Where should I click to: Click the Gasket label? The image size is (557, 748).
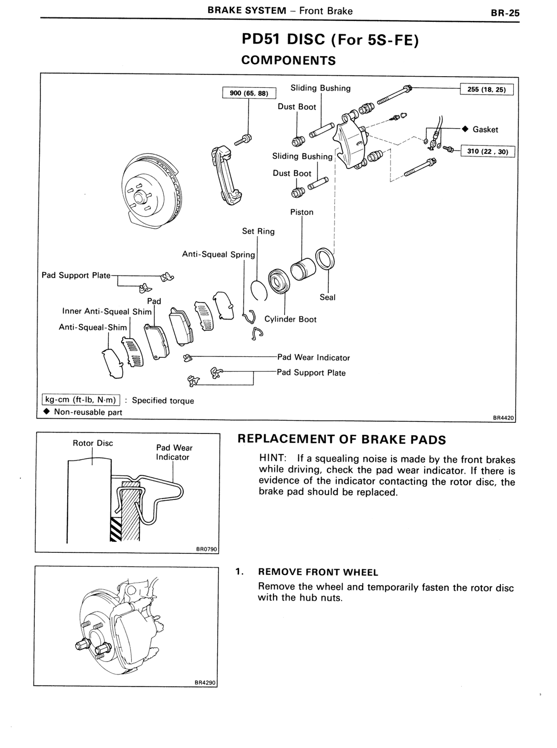click(x=485, y=130)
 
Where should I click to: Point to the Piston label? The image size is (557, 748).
click(x=302, y=212)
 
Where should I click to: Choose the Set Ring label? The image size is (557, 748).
click(x=258, y=231)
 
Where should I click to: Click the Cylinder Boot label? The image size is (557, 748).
click(x=291, y=319)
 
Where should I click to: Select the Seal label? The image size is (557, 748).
click(x=328, y=297)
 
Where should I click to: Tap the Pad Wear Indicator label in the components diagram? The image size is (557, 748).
click(x=314, y=357)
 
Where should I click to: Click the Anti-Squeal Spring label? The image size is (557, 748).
click(x=218, y=255)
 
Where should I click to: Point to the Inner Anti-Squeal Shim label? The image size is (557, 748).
click(x=107, y=311)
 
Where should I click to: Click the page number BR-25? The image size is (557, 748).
click(x=505, y=13)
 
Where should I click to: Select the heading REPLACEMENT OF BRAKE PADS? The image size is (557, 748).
click(x=342, y=440)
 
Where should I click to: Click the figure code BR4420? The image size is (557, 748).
click(x=504, y=418)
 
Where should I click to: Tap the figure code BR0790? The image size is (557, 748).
click(x=206, y=549)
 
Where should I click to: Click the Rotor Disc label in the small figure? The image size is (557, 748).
click(x=93, y=443)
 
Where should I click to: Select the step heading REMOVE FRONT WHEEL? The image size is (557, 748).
click(x=318, y=572)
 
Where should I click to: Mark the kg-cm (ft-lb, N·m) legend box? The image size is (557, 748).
click(x=81, y=400)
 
